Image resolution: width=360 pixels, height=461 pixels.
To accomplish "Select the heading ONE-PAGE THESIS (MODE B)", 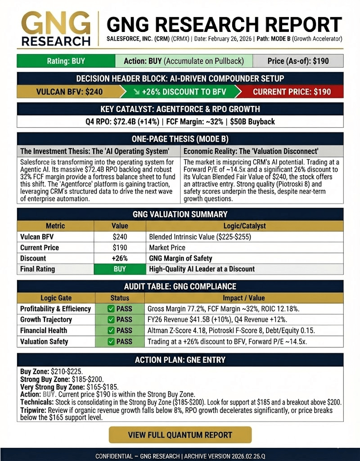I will click(x=180, y=139).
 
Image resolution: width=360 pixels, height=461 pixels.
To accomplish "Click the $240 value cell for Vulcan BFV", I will click(x=120, y=237).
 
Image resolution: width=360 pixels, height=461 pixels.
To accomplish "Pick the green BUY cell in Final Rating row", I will click(x=120, y=269).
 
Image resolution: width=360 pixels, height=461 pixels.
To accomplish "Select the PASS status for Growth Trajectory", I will click(x=120, y=320).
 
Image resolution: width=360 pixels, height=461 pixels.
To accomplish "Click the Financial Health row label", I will click(x=44, y=330).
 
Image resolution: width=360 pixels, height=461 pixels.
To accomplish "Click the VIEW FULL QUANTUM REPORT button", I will click(x=180, y=435).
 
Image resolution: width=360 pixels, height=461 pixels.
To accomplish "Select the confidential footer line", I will click(x=180, y=456).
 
